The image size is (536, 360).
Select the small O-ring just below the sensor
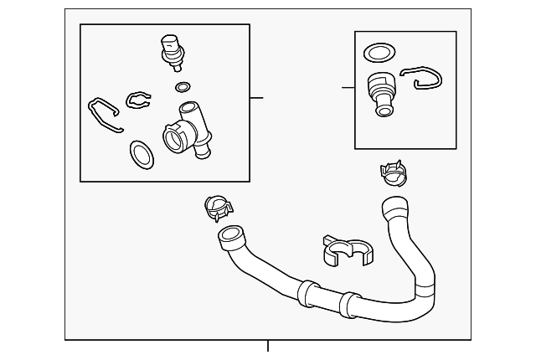click(x=183, y=86)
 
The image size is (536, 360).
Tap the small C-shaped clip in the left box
click(x=137, y=100)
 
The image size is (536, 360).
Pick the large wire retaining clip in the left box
click(x=105, y=115)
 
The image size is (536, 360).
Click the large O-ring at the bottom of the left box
click(x=140, y=153)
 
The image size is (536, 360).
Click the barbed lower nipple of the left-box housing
click(x=202, y=152)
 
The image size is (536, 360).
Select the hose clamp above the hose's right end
click(x=393, y=173)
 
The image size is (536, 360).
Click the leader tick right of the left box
click(x=256, y=98)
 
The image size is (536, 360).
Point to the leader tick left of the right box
click(x=348, y=87)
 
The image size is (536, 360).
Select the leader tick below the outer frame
click(x=268, y=346)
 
